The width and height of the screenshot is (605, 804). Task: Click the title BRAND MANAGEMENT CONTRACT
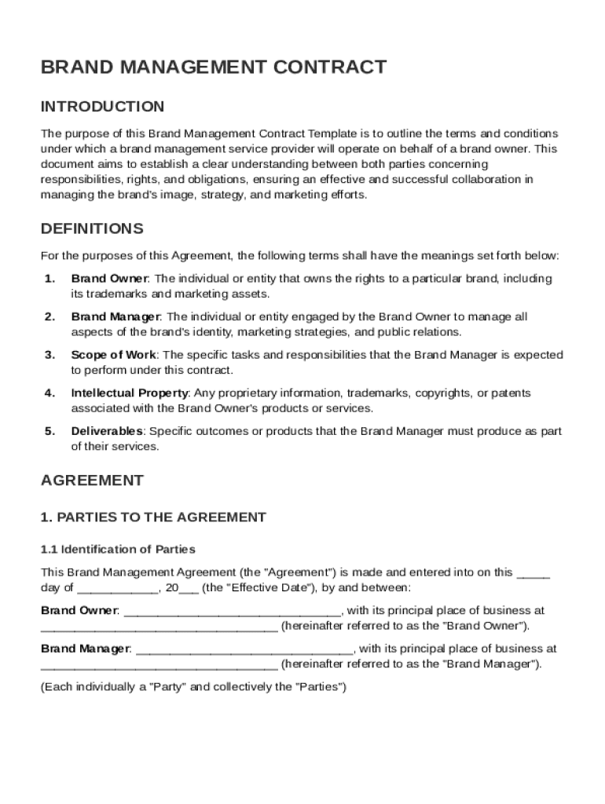(214, 68)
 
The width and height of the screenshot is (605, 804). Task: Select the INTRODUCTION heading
(102, 107)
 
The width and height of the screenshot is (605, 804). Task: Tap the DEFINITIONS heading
(92, 229)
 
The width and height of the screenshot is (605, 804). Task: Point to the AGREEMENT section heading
(92, 481)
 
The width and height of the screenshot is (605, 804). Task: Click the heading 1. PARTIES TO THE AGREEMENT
(153, 517)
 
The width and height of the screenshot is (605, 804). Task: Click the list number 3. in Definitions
(49, 355)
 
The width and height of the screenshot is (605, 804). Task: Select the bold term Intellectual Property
(129, 393)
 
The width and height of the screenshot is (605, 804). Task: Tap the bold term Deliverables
(107, 431)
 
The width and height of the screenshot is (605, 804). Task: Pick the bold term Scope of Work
(113, 355)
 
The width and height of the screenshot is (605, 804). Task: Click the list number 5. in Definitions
(49, 431)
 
